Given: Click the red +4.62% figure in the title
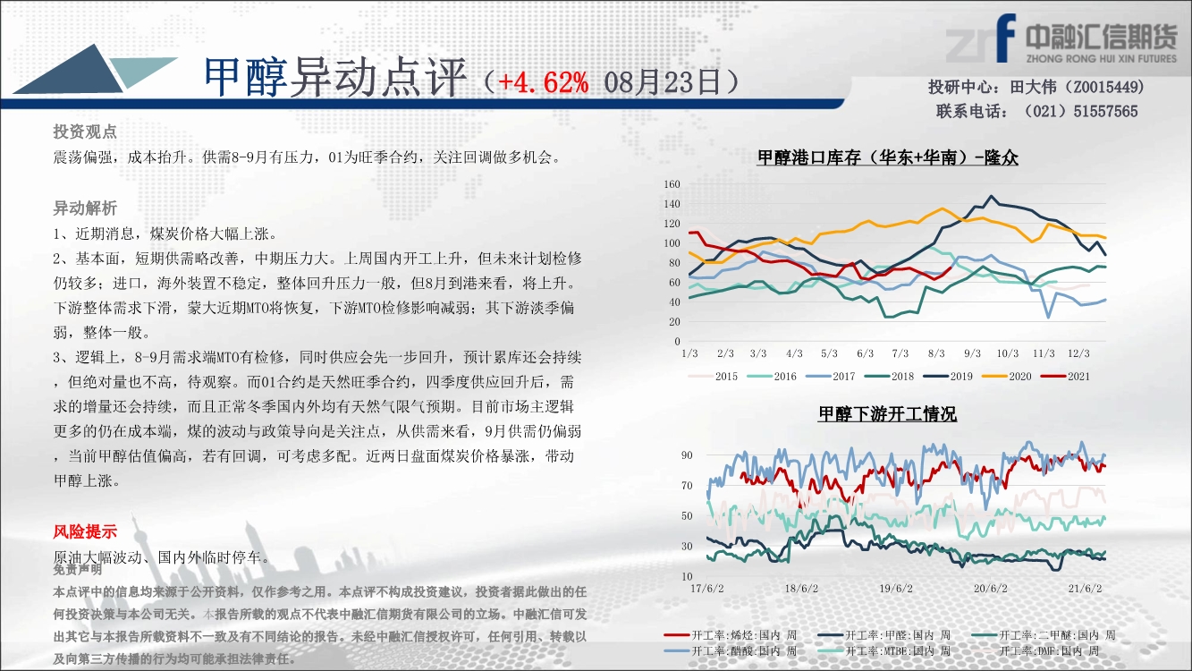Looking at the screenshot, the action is click(x=544, y=83).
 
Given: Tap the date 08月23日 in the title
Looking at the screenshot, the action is click(x=662, y=83).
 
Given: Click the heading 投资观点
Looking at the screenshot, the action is click(x=85, y=132).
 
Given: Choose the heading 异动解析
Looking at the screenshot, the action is click(x=85, y=208).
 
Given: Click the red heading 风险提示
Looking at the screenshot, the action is click(x=85, y=531).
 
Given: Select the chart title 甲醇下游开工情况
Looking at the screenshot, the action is click(x=887, y=413).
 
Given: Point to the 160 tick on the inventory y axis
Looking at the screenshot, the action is click(x=672, y=184).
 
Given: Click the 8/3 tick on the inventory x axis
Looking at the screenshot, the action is click(x=936, y=353).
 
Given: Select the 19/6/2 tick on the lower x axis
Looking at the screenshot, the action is click(x=896, y=589).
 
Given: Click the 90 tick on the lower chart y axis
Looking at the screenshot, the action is click(x=687, y=455).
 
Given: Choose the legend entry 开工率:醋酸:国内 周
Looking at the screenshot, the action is click(x=731, y=650).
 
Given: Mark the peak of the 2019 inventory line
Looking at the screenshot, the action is click(x=990, y=196).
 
